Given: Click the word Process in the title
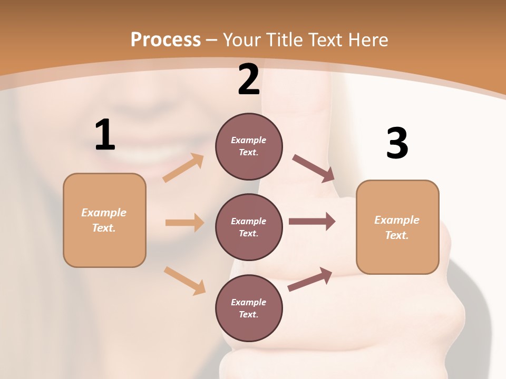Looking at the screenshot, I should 166,39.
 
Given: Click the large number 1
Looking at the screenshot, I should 105,135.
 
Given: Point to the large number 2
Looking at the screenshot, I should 249,79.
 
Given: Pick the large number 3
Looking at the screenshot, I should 397,144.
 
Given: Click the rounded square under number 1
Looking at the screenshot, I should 104,220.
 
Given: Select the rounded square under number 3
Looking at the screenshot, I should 397,227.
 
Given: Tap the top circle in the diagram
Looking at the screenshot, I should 249,146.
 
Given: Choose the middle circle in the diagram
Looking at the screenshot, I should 249,227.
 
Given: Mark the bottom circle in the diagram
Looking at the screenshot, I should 249,308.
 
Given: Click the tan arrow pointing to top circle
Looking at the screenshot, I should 183,168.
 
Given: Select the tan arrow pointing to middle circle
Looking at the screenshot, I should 184,223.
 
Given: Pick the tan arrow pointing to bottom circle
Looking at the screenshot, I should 184,281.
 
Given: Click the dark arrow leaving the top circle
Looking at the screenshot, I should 314,168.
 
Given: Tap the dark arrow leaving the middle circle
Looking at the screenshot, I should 312,222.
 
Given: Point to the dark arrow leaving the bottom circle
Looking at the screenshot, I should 310,280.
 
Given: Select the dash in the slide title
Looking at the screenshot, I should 212,40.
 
